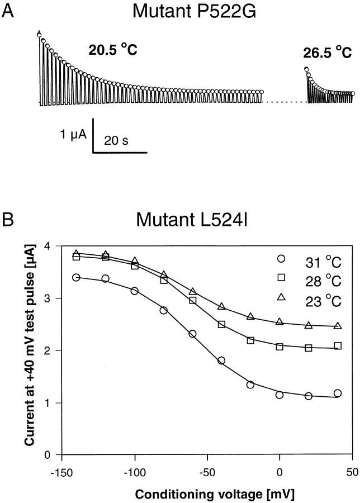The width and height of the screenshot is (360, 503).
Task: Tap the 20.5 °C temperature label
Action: pos(112,50)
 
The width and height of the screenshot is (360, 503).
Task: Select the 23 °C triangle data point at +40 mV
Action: pos(338,326)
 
